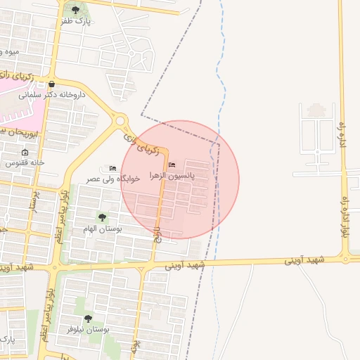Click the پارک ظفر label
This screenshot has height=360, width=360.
pos(77,21)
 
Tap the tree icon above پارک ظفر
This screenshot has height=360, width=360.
pos(76,10)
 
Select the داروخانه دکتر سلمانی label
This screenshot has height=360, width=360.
pos(51,94)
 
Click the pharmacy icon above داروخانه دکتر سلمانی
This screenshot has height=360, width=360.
pos(51,83)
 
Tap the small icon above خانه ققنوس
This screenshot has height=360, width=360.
pos(25,152)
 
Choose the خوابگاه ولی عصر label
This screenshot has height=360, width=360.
pos(113,179)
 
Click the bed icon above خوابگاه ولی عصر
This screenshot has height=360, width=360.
pos(113,168)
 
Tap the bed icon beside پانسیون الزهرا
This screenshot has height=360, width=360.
pos(173,165)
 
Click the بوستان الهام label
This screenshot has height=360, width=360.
pos(103,229)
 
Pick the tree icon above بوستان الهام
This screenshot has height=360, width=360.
pos(103,218)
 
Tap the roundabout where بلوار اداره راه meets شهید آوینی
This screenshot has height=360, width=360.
pos(346,259)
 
